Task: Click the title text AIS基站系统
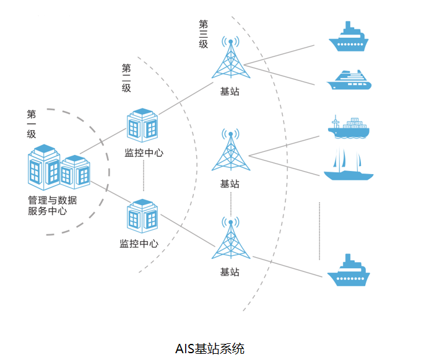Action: [x=210, y=348]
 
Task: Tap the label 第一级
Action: [x=32, y=123]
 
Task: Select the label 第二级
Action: [x=126, y=77]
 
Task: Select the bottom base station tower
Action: [x=230, y=240]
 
